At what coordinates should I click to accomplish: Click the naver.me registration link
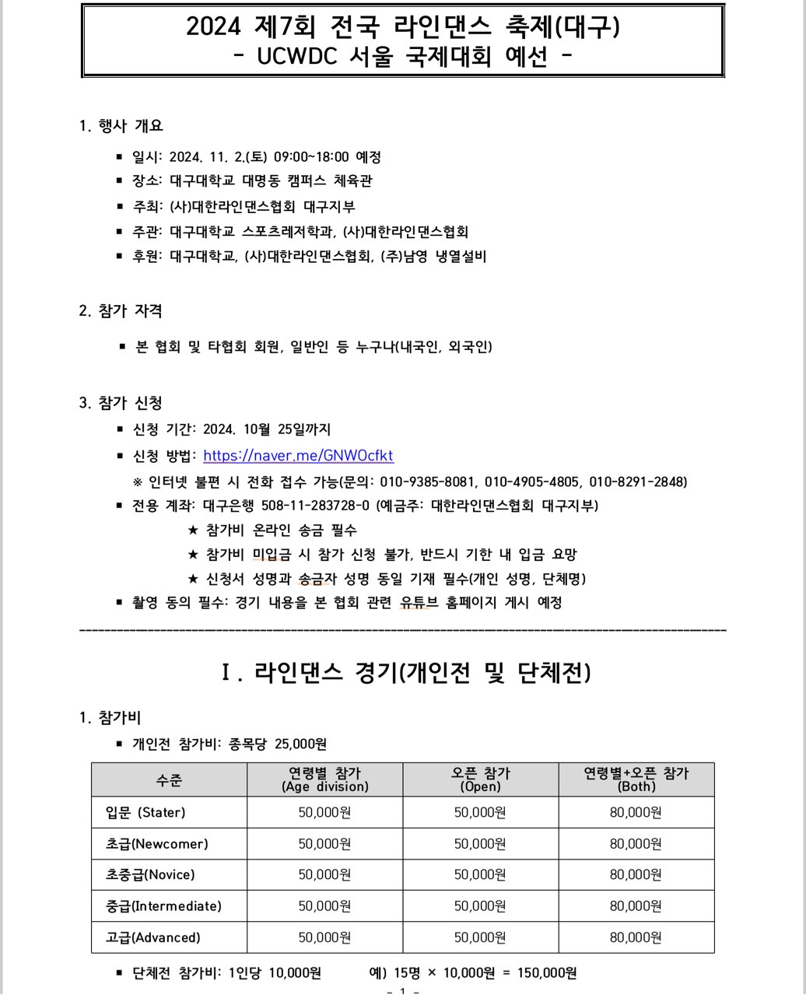298,456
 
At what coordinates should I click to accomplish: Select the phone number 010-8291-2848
638,482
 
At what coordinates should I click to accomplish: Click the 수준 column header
169,780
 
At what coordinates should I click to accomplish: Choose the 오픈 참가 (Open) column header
480,780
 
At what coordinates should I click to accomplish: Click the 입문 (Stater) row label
145,812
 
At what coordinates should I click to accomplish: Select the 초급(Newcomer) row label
156,843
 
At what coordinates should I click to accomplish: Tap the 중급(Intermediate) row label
163,906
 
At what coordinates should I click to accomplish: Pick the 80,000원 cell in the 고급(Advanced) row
636,937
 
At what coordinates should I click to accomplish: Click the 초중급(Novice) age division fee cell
324,875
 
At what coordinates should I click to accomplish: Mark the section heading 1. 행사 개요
121,126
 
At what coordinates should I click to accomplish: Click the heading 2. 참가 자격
121,311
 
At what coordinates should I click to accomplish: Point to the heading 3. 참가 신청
121,403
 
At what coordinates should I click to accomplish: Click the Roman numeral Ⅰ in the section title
226,673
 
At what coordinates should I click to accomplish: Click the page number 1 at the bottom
402,990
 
